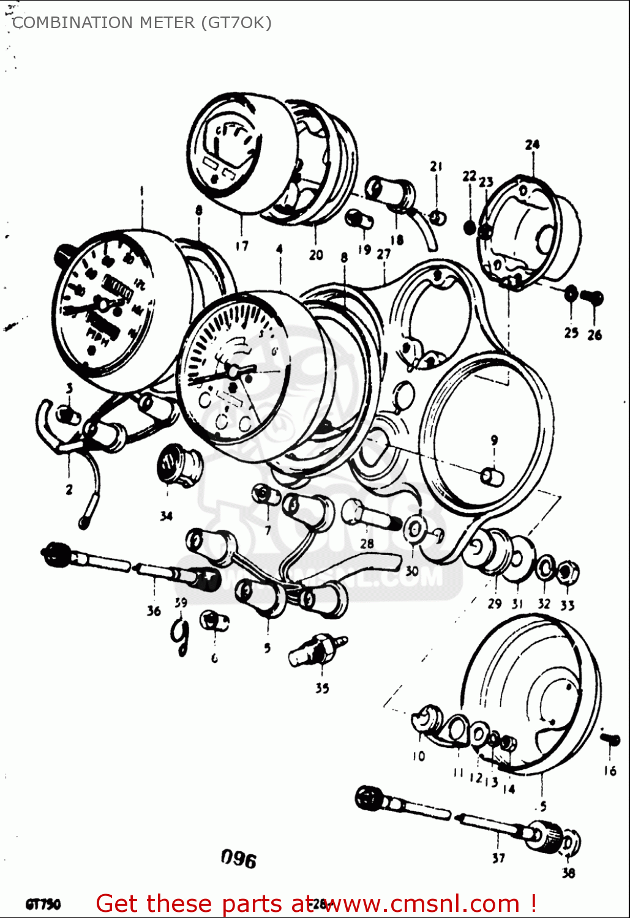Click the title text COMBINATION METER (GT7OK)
[x=141, y=23]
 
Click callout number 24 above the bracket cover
[x=532, y=145]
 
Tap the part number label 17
[x=242, y=245]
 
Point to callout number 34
[x=167, y=516]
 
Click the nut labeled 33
[x=568, y=573]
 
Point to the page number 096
[x=239, y=859]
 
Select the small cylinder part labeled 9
[x=492, y=476]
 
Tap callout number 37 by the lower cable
[x=498, y=858]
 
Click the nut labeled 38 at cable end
[x=570, y=845]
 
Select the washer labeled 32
[x=544, y=569]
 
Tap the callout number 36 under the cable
[x=153, y=610]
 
